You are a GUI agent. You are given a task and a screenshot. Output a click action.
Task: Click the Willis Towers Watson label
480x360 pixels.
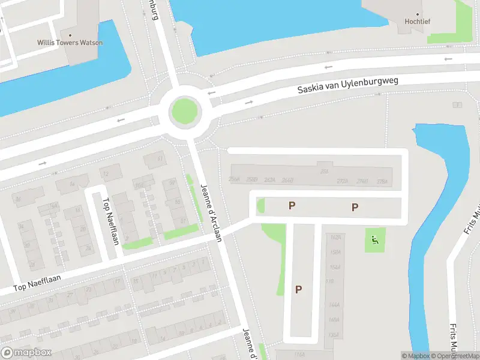[70, 43]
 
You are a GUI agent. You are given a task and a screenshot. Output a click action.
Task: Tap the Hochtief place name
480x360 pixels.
[418, 22]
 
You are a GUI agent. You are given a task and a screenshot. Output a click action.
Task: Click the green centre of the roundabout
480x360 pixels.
[184, 111]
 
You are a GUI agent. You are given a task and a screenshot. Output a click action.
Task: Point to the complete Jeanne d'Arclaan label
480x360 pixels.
[212, 212]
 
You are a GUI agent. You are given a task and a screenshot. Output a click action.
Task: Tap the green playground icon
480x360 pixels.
[376, 241]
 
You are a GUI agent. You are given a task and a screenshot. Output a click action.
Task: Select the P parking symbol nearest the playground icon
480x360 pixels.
[355, 207]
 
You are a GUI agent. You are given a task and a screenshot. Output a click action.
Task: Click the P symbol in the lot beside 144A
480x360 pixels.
[298, 289]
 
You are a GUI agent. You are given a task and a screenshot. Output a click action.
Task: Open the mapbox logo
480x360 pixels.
[26, 353]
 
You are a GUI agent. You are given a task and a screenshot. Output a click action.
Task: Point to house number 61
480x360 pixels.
[160, 159]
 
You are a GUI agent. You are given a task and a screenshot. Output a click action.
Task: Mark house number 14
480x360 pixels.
[72, 184]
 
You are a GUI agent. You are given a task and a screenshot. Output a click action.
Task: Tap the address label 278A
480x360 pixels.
[382, 181]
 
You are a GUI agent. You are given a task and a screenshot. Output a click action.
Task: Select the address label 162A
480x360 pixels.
[335, 237]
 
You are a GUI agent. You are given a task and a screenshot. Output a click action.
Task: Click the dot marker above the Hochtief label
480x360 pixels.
[418, 13]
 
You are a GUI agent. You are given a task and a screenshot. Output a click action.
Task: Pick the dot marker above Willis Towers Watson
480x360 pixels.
[70, 34]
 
